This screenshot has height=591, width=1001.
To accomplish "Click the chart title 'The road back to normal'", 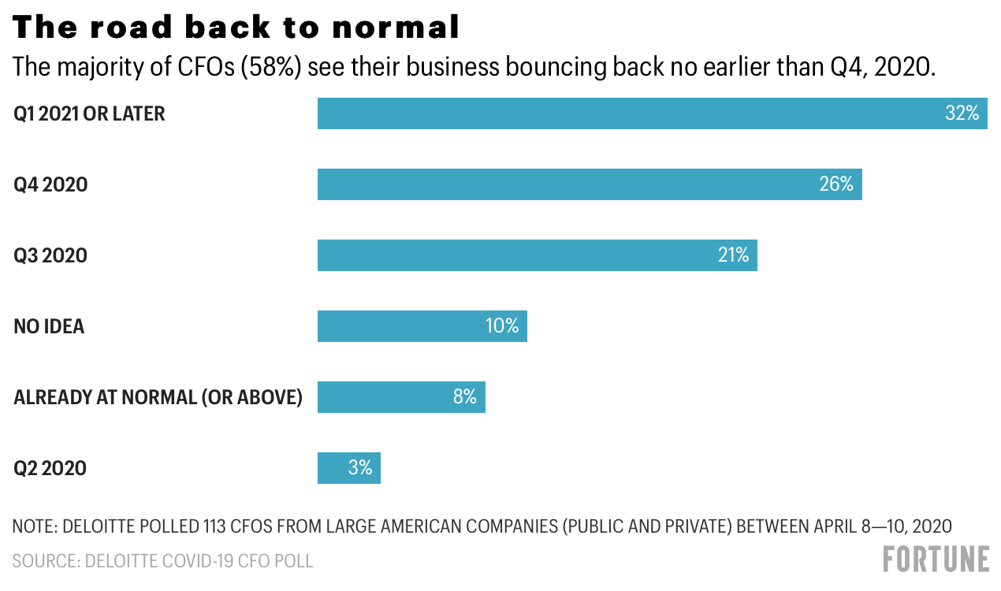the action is pyautogui.click(x=236, y=27).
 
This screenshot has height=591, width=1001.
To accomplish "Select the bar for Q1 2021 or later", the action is pyautogui.click(x=653, y=113).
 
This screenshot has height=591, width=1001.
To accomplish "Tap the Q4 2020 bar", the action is pyautogui.click(x=590, y=184).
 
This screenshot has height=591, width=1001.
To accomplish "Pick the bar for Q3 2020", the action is pyautogui.click(x=538, y=255).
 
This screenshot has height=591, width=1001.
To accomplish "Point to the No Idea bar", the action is pyautogui.click(x=422, y=326).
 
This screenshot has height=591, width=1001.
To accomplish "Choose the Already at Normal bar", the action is pyautogui.click(x=401, y=397).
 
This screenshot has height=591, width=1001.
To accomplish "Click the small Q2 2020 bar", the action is pyautogui.click(x=349, y=468).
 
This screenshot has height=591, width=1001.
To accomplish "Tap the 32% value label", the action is pyautogui.click(x=962, y=113).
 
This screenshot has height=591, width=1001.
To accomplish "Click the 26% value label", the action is pyautogui.click(x=836, y=184).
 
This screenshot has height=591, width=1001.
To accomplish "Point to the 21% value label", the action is pyautogui.click(x=733, y=255).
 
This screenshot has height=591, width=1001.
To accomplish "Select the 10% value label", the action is pyautogui.click(x=502, y=325).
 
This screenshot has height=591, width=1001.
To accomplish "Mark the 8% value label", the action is pyautogui.click(x=465, y=396).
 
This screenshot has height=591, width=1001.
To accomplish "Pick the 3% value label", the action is pyautogui.click(x=360, y=468).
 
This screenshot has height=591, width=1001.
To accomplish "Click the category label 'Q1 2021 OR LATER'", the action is pyautogui.click(x=89, y=113).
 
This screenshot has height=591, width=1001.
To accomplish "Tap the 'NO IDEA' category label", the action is pyautogui.click(x=49, y=326).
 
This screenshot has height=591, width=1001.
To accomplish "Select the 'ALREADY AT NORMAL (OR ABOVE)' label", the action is pyautogui.click(x=158, y=397).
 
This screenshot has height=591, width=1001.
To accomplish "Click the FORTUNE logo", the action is pyautogui.click(x=936, y=559).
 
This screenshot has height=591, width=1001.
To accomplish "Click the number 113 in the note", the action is pyautogui.click(x=214, y=526).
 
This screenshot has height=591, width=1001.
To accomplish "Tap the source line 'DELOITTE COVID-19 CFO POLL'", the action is pyautogui.click(x=199, y=561).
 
